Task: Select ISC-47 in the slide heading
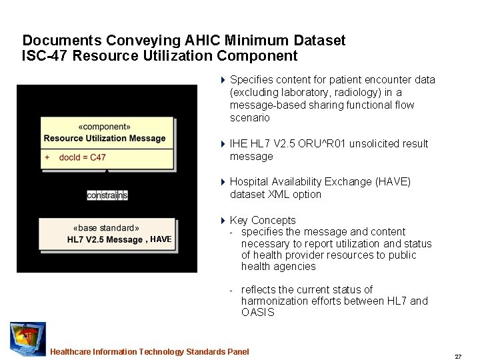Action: coord(45,56)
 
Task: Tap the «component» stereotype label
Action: coord(105,126)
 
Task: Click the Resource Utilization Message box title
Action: coord(105,139)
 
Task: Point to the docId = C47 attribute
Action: coord(82,157)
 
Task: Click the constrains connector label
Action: coord(107,195)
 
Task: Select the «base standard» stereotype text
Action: coord(106,228)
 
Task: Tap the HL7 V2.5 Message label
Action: coord(105,240)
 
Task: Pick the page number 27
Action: coord(458,357)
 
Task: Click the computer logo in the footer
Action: coord(27,338)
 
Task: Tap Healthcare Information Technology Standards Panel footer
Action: coord(149,352)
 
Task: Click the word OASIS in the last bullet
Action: coord(257,313)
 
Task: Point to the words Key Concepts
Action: coord(263,220)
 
